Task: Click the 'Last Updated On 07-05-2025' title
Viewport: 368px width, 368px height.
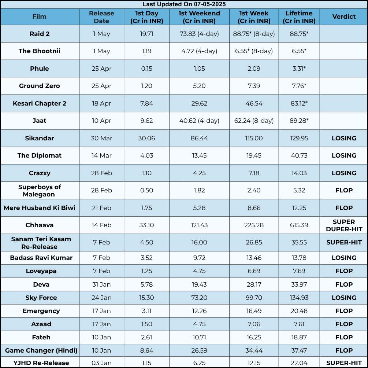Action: (184, 4)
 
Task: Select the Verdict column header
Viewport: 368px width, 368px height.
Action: (344, 17)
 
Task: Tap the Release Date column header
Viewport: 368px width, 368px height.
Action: (101, 17)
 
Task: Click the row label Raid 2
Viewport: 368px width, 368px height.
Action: (40, 34)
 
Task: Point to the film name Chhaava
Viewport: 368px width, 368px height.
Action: (40, 225)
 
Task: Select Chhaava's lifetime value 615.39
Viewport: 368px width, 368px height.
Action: (299, 225)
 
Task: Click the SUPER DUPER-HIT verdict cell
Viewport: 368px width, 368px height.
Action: (344, 225)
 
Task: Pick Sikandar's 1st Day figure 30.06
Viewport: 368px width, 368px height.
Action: (146, 138)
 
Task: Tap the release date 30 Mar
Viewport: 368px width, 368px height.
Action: (101, 138)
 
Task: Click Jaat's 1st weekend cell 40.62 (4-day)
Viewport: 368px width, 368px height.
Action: (199, 121)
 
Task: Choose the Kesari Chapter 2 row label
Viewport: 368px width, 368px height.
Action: (40, 103)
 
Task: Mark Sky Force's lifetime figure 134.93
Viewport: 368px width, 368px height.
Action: (299, 298)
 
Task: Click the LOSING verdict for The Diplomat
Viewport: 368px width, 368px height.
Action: (344, 155)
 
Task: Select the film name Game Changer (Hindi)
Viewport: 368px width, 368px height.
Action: (41, 351)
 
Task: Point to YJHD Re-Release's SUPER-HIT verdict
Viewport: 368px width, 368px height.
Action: (344, 363)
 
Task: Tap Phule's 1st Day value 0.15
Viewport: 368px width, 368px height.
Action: (146, 69)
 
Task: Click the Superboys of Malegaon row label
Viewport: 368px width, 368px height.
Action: (40, 191)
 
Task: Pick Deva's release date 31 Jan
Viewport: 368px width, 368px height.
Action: (101, 284)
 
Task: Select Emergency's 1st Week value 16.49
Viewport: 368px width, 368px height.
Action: (254, 311)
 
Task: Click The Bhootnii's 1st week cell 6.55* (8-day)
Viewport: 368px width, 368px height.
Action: (254, 51)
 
